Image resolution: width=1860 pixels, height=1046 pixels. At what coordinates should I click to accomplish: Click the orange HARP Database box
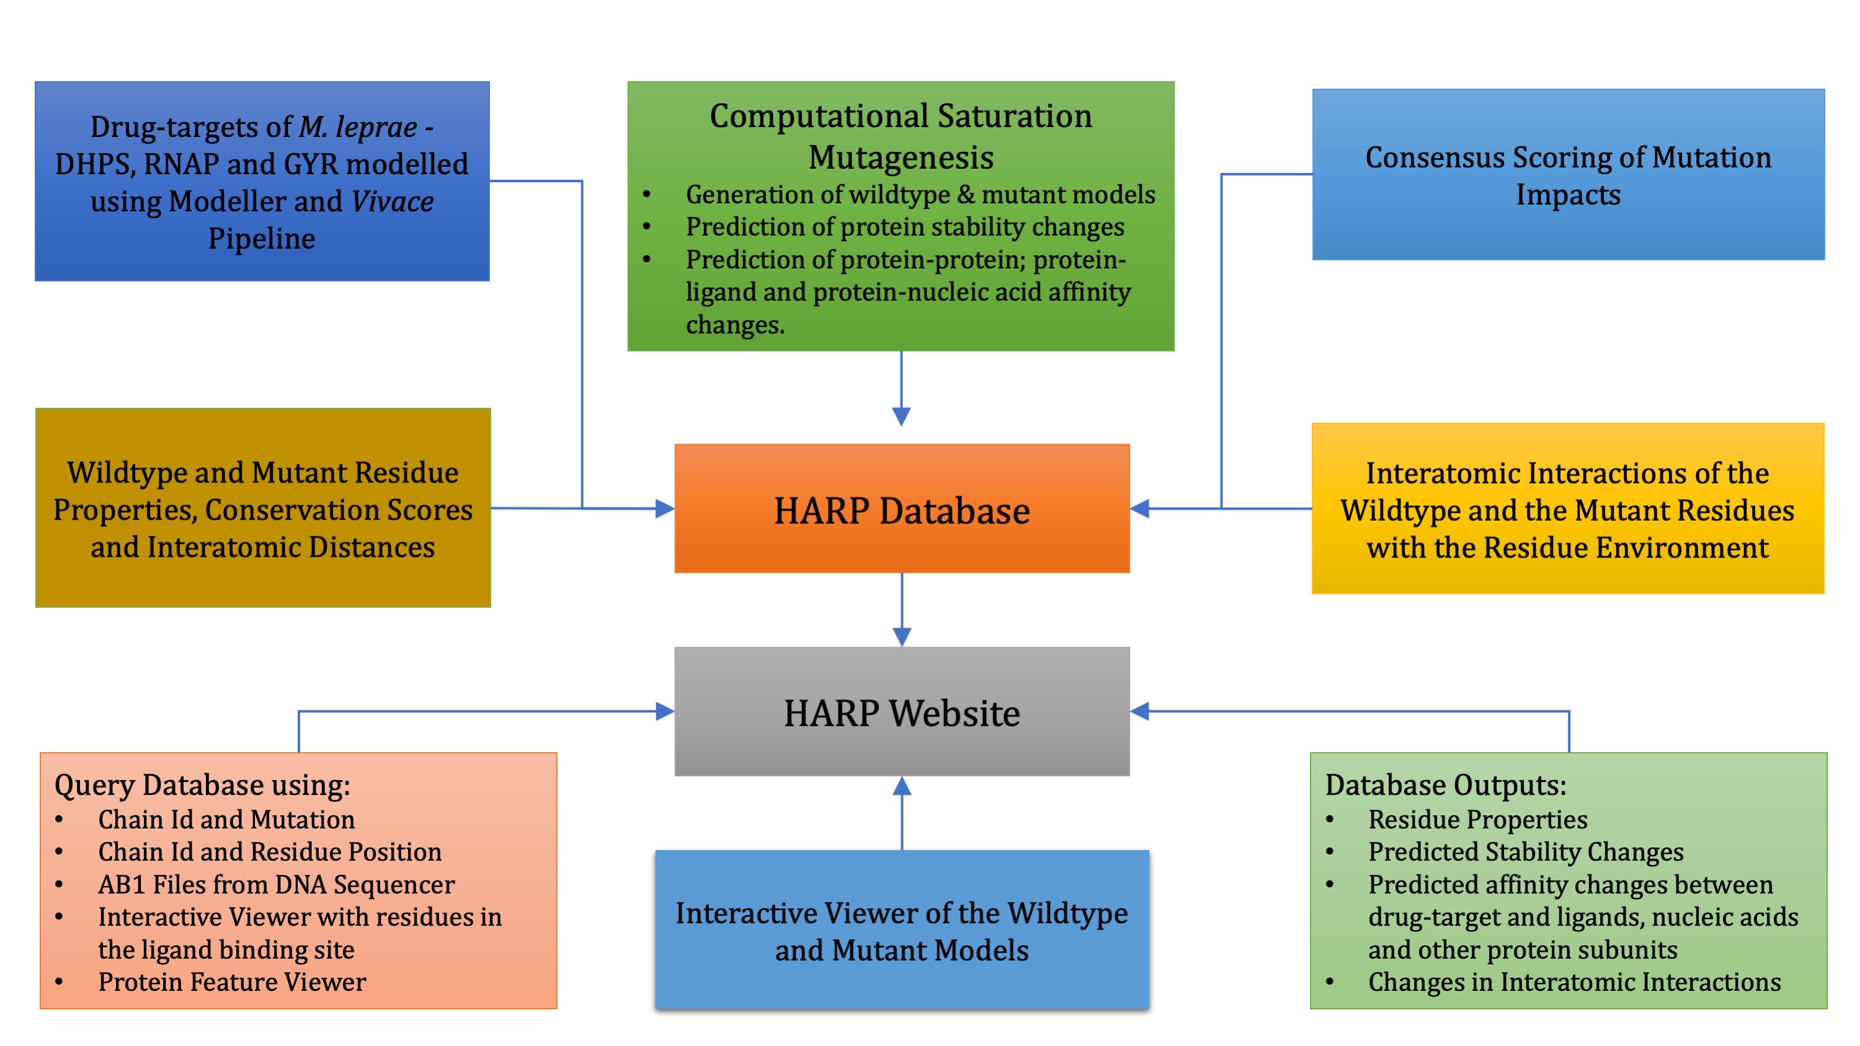coord(902,508)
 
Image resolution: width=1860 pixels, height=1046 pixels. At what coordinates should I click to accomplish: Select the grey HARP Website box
coord(902,711)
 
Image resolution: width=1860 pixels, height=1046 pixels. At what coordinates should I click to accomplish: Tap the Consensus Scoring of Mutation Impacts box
coord(1569,174)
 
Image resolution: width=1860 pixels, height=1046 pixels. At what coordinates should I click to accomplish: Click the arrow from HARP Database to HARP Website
coord(902,610)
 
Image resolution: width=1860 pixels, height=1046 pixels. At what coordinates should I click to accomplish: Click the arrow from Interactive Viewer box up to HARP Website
coord(902,813)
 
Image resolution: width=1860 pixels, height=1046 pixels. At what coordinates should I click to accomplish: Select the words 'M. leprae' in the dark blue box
coord(358,127)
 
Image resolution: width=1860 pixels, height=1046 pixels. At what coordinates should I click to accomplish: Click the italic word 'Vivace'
coord(393,202)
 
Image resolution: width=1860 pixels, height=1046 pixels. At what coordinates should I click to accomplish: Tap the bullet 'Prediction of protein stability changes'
coord(905,227)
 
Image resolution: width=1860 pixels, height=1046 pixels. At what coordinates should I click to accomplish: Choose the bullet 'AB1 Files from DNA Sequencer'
coord(277,884)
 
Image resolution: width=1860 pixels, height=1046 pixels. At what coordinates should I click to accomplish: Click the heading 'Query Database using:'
coord(202,785)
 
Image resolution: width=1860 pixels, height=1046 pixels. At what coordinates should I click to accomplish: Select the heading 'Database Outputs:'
coord(1446,785)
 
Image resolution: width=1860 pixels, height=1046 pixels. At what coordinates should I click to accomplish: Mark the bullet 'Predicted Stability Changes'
coord(1526,852)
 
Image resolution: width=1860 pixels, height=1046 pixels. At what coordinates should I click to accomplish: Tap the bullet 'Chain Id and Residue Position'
coord(269,852)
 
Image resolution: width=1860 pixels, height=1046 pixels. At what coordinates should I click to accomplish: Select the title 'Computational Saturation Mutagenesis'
coord(901,136)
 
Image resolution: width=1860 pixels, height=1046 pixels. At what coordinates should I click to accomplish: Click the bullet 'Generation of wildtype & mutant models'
coord(920,194)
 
